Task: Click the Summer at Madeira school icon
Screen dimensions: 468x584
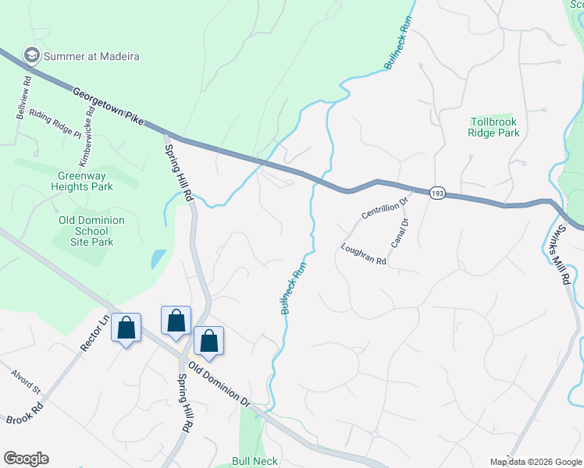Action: (x=32, y=55)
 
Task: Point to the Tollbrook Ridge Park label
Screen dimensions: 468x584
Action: (x=493, y=127)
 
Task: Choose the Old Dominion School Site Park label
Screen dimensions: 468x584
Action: (x=91, y=231)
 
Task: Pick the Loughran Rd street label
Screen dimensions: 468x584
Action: (x=364, y=254)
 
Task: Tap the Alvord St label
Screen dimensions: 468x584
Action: (x=25, y=381)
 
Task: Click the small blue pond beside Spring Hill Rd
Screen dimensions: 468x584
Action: (x=158, y=258)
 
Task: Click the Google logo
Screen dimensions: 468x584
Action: (x=26, y=459)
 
